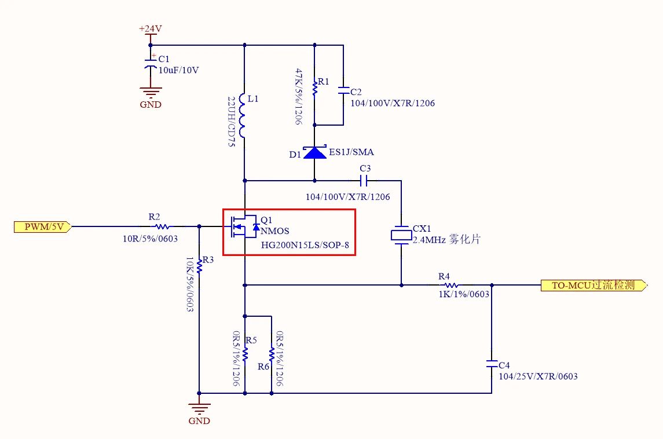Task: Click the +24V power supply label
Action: [150, 29]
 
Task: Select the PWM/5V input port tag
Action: [43, 226]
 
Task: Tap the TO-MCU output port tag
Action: [594, 286]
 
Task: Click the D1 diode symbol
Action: [315, 152]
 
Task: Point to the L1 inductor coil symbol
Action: [242, 115]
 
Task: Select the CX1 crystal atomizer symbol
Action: [401, 235]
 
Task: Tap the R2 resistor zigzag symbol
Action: [162, 226]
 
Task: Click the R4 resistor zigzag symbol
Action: [451, 286]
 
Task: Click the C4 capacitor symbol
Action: [492, 364]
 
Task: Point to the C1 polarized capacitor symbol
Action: [151, 64]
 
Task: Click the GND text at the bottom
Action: [199, 421]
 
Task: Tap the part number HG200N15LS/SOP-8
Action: [305, 246]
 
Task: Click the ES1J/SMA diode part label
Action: [351, 152]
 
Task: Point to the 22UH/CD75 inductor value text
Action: [231, 122]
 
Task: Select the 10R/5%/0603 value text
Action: [150, 239]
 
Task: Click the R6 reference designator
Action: [263, 367]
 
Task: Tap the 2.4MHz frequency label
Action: [429, 240]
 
